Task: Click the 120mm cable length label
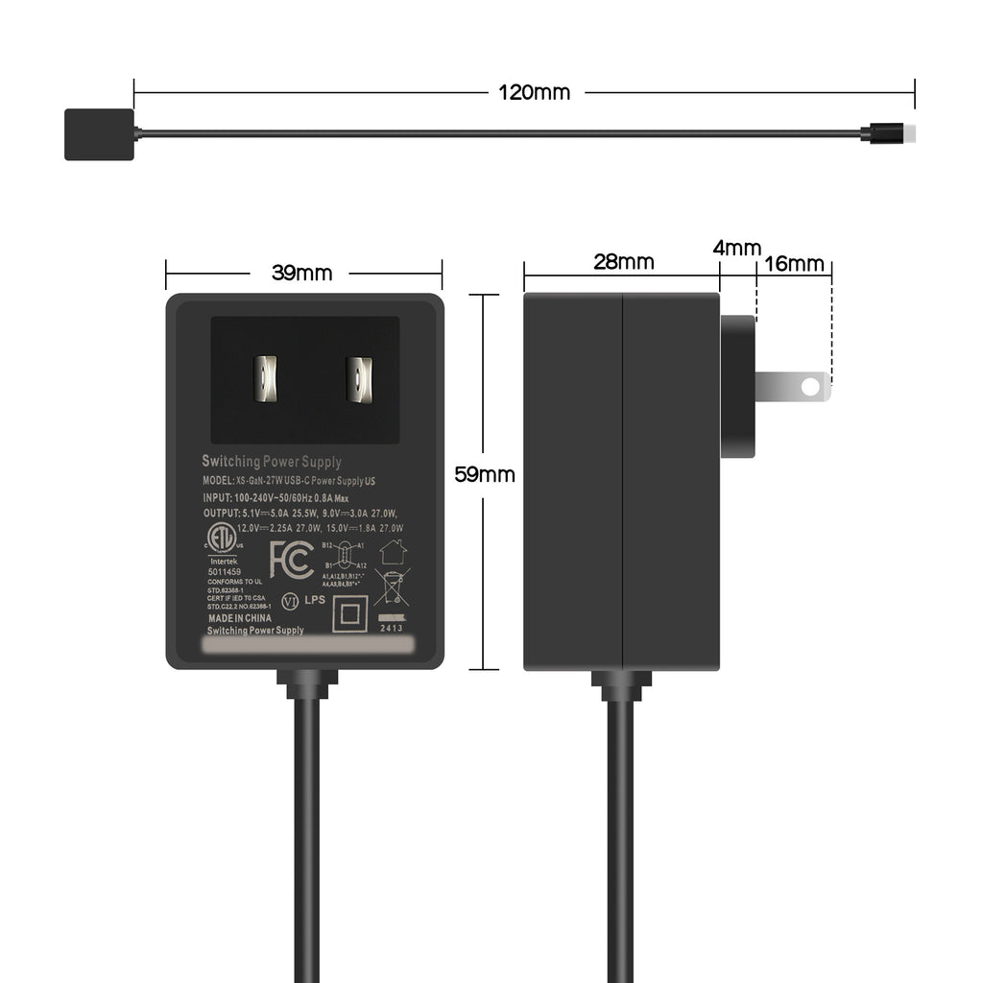point(534,93)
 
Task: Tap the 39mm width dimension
point(301,273)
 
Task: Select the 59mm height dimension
point(485,474)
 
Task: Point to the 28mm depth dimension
point(623,262)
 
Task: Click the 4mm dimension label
point(736,248)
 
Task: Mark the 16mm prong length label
point(794,264)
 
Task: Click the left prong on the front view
point(264,379)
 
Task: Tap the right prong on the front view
point(358,379)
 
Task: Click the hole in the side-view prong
point(810,387)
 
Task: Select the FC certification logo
point(291,560)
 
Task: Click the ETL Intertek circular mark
point(223,539)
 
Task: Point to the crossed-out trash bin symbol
point(392,586)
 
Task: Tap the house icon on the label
point(393,551)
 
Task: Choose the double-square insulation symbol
point(349,613)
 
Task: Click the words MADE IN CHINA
point(240,619)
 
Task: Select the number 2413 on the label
point(391,629)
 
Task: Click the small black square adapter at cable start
point(99,134)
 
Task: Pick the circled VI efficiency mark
point(288,601)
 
